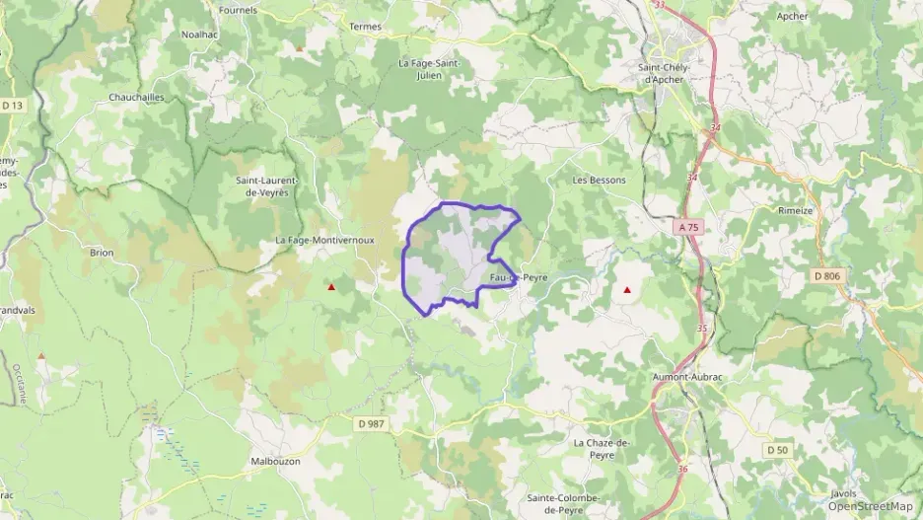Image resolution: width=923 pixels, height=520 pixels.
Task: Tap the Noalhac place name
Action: tap(200, 34)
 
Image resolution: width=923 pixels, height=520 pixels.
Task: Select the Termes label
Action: tap(365, 27)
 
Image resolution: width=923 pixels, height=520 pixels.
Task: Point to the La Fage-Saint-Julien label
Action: tap(429, 68)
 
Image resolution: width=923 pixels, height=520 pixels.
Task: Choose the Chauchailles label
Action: tap(137, 98)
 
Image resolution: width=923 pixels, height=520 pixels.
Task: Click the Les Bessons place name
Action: tap(600, 181)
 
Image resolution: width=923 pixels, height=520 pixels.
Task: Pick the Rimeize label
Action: tap(795, 210)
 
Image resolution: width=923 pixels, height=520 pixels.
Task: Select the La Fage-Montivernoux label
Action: tap(324, 240)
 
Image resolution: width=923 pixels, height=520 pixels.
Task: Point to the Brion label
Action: tap(102, 253)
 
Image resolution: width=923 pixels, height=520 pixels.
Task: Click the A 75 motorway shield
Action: tap(688, 227)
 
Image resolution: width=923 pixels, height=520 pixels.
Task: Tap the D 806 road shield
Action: tap(827, 275)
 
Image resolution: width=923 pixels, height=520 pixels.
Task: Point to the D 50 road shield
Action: tap(778, 450)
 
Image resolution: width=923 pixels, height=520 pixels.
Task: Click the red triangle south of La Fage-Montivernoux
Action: tap(331, 288)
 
